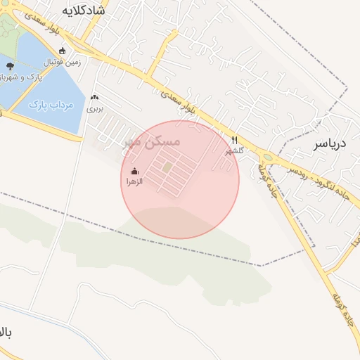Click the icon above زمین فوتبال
(x=63, y=51)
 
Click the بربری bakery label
(x=94, y=109)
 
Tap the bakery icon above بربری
(x=94, y=98)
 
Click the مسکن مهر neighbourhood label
(x=152, y=141)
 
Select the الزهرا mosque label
(x=134, y=181)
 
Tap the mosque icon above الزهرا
(x=134, y=171)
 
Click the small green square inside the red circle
(x=167, y=167)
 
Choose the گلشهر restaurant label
(x=234, y=150)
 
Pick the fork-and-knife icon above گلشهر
(x=235, y=140)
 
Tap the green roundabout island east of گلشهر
(x=267, y=157)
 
